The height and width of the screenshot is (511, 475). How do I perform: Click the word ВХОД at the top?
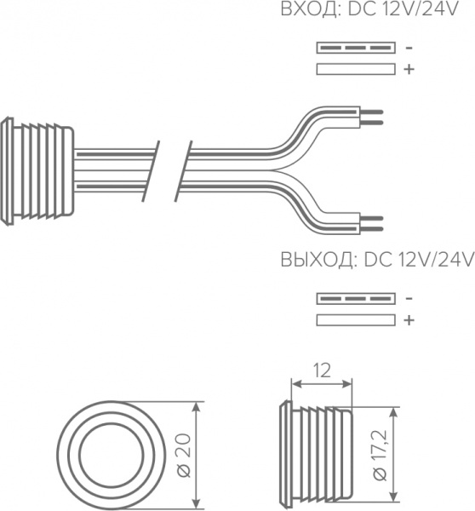point(309,9)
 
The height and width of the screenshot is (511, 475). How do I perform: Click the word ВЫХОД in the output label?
point(317,261)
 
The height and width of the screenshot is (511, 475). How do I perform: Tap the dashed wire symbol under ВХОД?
point(356,48)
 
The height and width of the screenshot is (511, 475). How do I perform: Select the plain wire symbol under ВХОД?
point(356,69)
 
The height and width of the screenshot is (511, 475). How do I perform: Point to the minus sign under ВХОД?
point(409,49)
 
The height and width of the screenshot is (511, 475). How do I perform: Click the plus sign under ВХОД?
point(409,69)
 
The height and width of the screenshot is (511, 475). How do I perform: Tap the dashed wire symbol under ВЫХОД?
point(356,299)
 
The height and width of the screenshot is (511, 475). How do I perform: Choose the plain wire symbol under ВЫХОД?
point(356,320)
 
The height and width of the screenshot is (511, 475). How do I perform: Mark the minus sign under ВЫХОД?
point(409,299)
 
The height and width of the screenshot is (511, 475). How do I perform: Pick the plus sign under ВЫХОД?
point(409,320)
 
